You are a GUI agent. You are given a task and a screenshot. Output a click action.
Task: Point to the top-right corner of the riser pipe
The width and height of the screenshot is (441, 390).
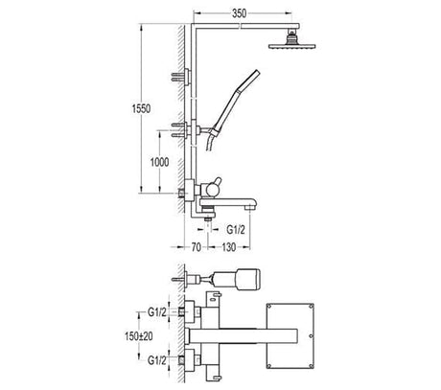193,30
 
